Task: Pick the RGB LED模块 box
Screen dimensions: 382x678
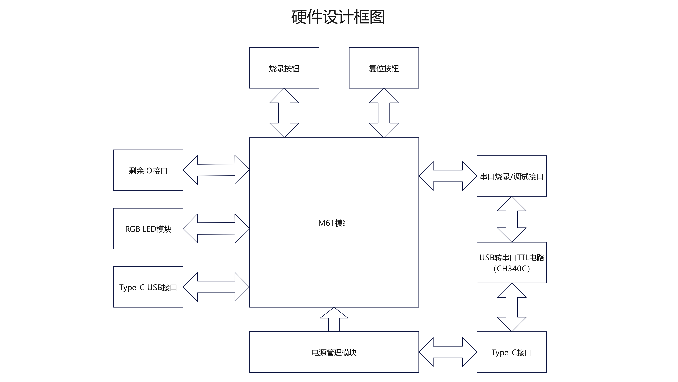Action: (148, 229)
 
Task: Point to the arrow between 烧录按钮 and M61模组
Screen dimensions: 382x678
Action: (284, 113)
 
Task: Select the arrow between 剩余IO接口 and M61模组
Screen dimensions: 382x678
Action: (216, 170)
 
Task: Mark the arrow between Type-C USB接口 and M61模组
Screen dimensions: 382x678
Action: (216, 287)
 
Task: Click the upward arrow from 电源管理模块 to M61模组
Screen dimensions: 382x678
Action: (334, 319)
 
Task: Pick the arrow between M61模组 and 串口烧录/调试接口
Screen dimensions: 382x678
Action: (448, 176)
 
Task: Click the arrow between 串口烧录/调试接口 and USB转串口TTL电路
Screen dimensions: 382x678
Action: (512, 219)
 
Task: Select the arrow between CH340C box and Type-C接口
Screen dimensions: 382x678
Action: (512, 307)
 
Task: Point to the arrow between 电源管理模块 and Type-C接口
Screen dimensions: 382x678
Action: (448, 352)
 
